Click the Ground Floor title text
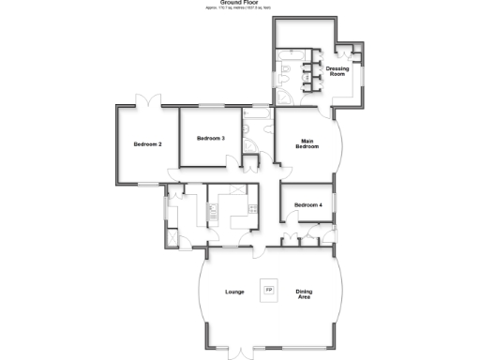pos(239,3)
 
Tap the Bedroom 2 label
pos(148,144)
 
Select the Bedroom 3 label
pos(210,139)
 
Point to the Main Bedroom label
pos(308,143)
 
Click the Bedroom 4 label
pos(307,205)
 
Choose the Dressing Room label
pos(337,71)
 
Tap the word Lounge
pos(234,292)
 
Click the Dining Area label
pos(305,293)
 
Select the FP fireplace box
pos(270,290)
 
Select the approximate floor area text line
pos(239,8)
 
